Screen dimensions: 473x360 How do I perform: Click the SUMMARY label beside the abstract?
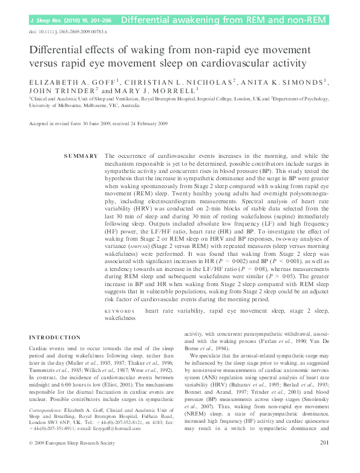81,156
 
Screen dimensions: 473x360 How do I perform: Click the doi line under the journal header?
68,31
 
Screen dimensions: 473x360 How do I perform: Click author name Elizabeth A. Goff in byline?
68,81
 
